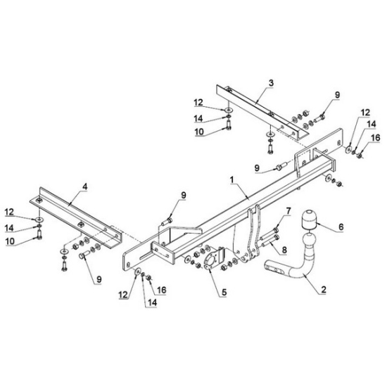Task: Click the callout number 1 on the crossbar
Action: (x=231, y=180)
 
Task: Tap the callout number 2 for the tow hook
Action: (x=324, y=289)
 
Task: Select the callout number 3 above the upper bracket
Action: (x=271, y=83)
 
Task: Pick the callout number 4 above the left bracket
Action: (x=85, y=187)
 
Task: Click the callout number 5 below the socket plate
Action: (x=224, y=293)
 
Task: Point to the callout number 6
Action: (x=341, y=227)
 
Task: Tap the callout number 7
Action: (x=288, y=211)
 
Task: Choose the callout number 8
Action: (x=284, y=250)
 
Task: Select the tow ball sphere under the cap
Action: (x=308, y=240)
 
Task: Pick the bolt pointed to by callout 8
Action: (x=270, y=241)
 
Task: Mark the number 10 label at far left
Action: (x=10, y=241)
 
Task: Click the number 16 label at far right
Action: (x=376, y=138)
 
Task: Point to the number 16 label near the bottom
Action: (x=161, y=290)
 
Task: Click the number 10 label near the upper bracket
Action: (x=199, y=132)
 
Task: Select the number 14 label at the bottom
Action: (x=152, y=303)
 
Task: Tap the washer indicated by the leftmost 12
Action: (x=39, y=219)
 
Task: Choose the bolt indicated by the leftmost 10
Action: (x=39, y=234)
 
